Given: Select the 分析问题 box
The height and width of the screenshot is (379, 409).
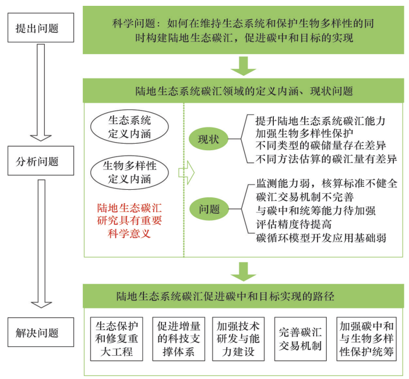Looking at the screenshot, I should click(x=37, y=162).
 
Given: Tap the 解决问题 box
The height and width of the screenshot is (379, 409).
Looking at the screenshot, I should click(x=37, y=333).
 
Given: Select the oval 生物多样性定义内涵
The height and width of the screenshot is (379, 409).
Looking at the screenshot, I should click(x=130, y=172).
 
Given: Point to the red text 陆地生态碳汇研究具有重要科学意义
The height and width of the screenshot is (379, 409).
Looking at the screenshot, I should click(x=130, y=219).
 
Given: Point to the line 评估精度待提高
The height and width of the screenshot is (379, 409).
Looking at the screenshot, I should click(x=291, y=224).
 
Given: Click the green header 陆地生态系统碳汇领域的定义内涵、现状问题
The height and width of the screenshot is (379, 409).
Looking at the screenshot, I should click(x=244, y=91).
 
